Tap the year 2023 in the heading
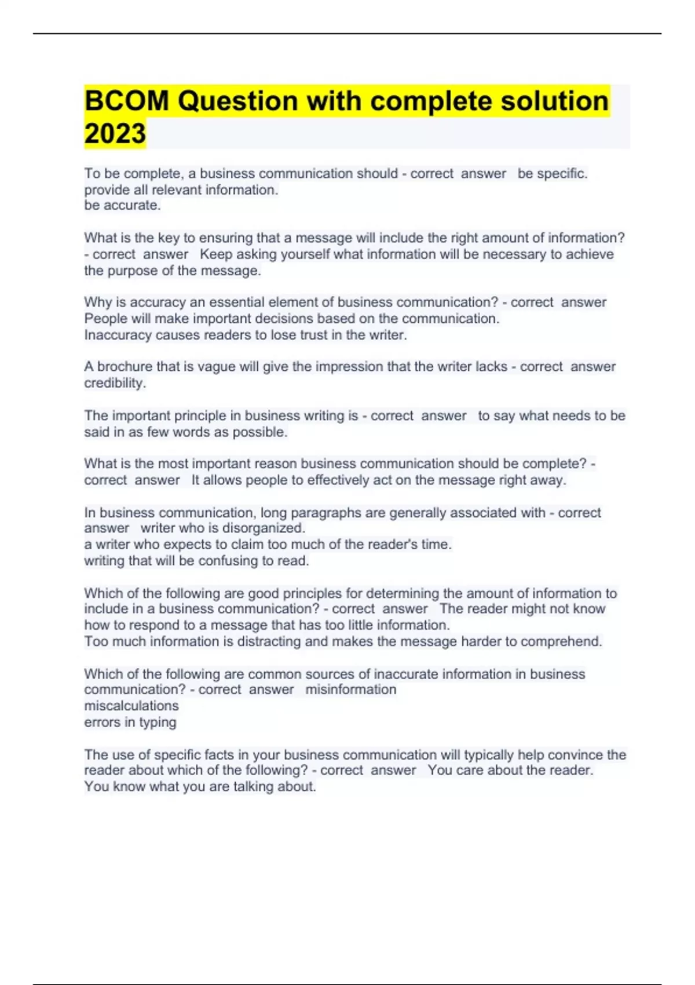pos(115,133)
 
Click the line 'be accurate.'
pos(122,205)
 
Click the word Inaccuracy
pos(118,335)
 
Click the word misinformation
pos(350,690)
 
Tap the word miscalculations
pos(131,706)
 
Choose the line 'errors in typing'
pos(130,722)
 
